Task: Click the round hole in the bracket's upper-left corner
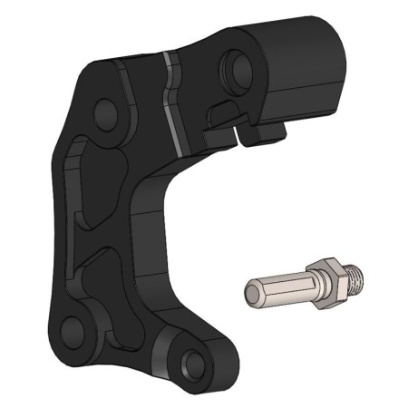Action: coord(105,112)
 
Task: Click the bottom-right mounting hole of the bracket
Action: coord(192,364)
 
